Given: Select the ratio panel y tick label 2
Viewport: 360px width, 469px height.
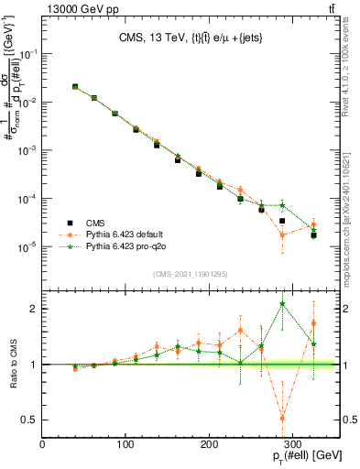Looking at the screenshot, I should (x=32, y=309).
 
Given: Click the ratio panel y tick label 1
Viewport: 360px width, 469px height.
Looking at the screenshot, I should (x=32, y=365).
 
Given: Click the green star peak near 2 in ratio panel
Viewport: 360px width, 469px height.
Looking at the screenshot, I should (x=282, y=304).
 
